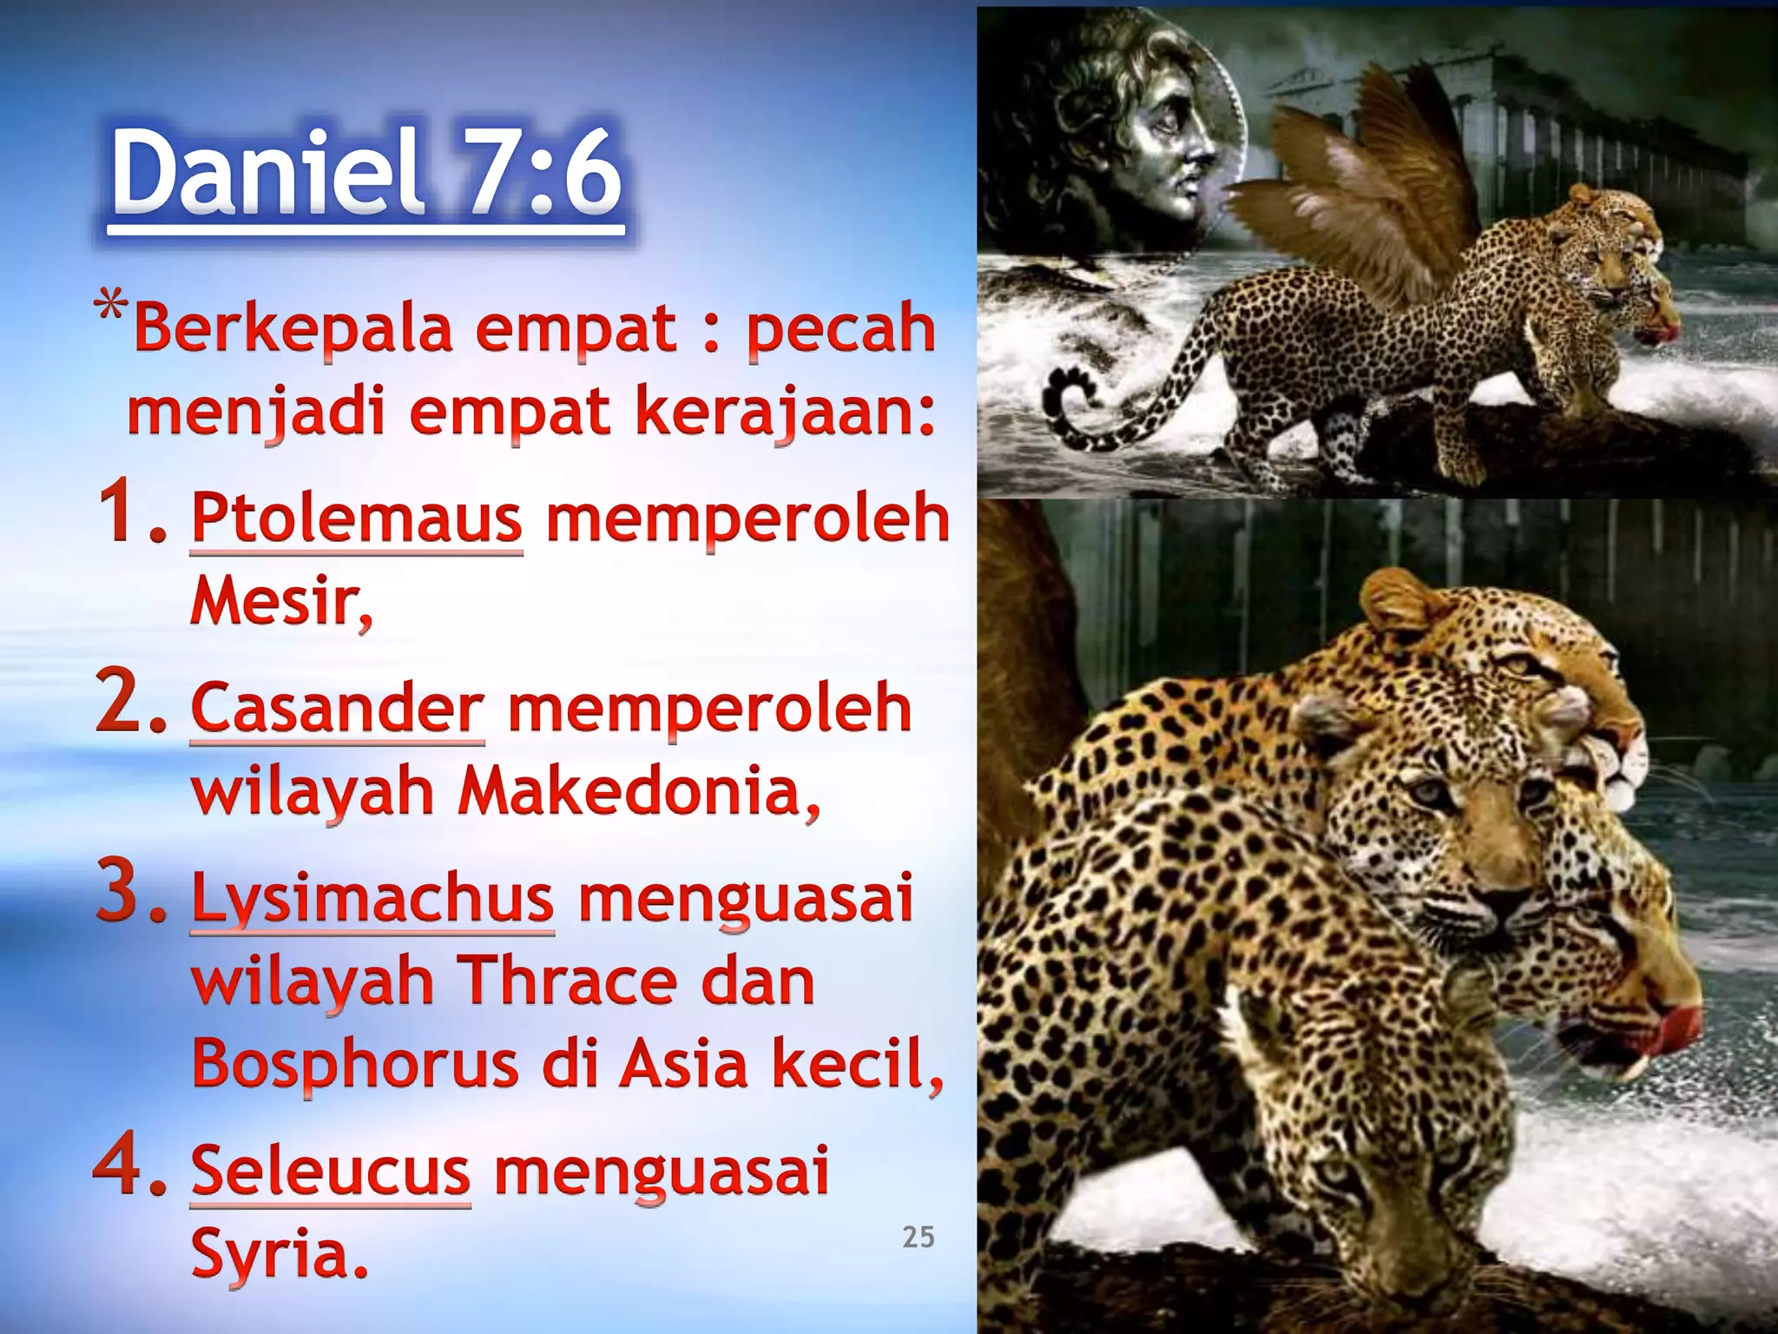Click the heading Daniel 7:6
(366, 174)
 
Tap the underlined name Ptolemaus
(357, 518)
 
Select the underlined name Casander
(337, 709)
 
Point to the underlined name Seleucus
(330, 1172)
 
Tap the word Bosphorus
(354, 1064)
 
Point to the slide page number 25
(918, 1237)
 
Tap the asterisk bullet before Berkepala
(110, 308)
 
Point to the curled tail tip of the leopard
(1064, 395)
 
